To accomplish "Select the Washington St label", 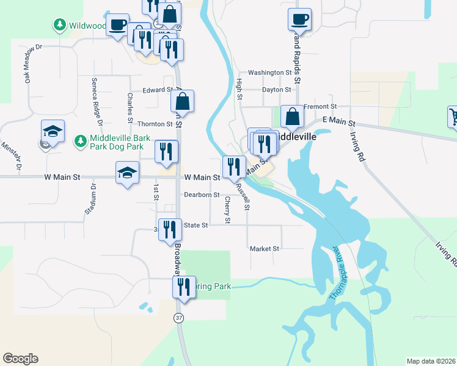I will coord(270,73).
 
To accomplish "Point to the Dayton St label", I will coord(276,90).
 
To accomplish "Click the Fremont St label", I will coord(316,107).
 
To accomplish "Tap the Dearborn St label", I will coord(202,195).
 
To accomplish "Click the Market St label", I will coord(264,249).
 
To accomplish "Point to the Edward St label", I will coord(158,90).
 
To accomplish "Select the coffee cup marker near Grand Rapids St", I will coord(299,20).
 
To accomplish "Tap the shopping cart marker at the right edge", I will coord(453,116).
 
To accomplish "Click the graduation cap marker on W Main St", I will coord(127,173).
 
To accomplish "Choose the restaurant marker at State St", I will coord(170,230).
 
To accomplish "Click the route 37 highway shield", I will coord(178,318).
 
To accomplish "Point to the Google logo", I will coord(20,359).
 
